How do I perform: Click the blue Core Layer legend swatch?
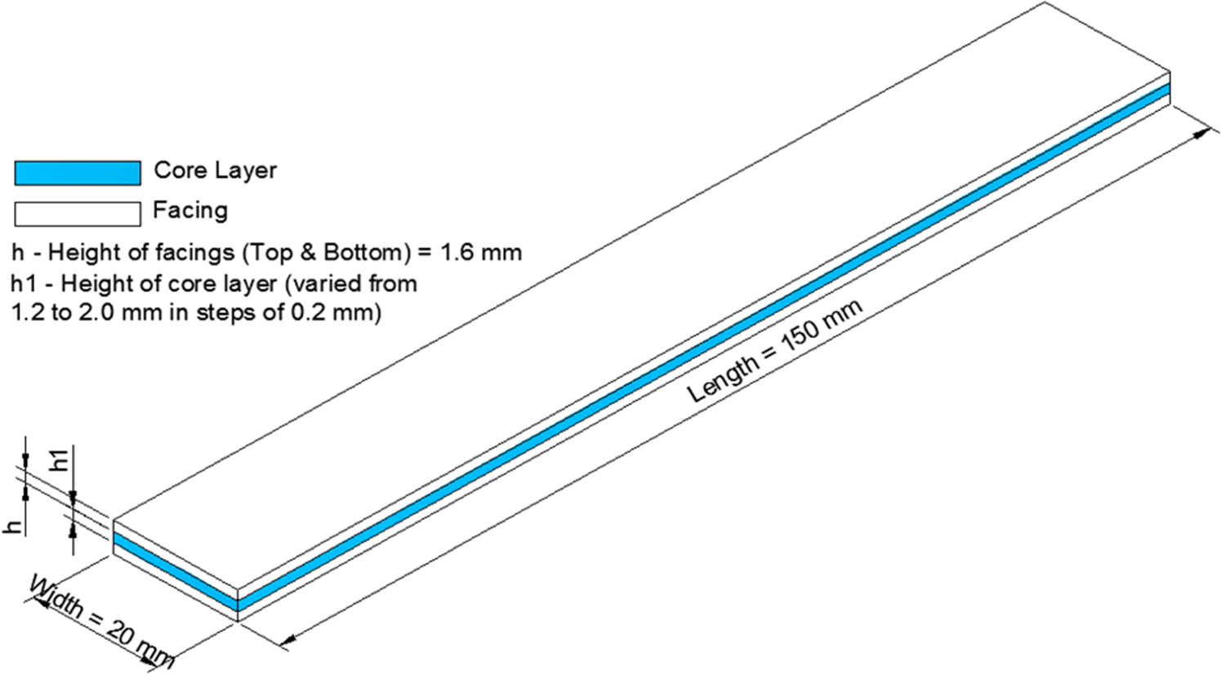[78, 173]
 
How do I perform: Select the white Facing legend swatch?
[78, 213]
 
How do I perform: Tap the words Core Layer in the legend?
[215, 171]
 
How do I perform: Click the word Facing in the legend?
[190, 211]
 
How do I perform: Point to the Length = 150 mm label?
[774, 352]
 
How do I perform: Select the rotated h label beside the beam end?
[14, 527]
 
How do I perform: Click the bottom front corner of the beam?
[238, 621]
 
